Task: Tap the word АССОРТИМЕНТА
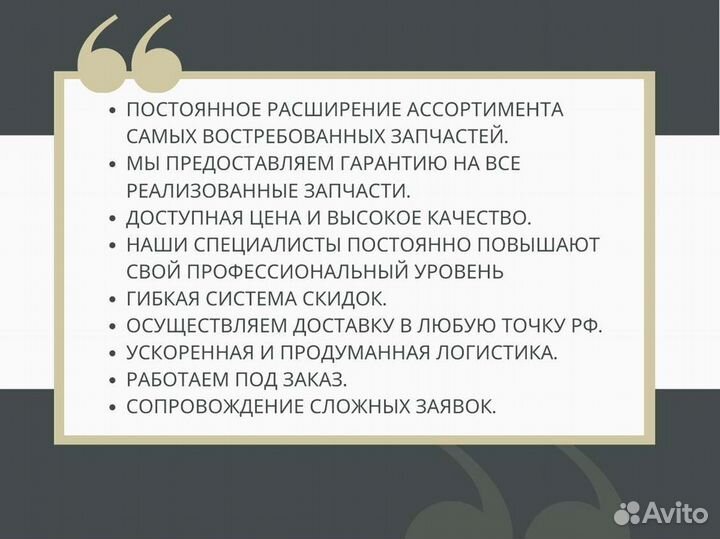pos(488,110)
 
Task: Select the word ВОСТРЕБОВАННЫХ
pos(293,137)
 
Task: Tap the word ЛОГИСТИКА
pos(492,353)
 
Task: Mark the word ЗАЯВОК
pos(454,407)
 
